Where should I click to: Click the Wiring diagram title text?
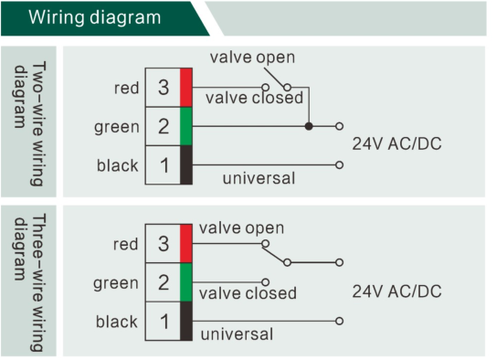[x=95, y=17]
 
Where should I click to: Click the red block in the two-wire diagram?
[x=186, y=88]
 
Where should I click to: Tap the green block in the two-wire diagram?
[x=186, y=126]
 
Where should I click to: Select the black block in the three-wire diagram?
[x=186, y=321]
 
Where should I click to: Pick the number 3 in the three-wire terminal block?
[x=164, y=244]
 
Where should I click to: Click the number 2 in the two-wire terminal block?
[x=164, y=126]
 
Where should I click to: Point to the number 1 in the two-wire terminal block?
[x=164, y=165]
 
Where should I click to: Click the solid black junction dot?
[x=309, y=126]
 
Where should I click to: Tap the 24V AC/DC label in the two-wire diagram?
[x=397, y=144]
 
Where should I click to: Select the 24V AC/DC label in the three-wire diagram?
[x=397, y=291]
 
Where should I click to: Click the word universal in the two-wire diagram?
[x=259, y=178]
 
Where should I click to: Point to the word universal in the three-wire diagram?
[x=237, y=334]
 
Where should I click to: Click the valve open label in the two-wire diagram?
[x=252, y=58]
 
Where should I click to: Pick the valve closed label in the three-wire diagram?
[x=248, y=293]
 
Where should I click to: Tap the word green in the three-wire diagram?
[x=116, y=283]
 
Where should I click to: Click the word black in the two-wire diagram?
[x=118, y=165]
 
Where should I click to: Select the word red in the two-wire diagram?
[x=127, y=88]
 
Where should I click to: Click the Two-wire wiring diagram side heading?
[x=30, y=123]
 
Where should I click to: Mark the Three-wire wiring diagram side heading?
[x=30, y=282]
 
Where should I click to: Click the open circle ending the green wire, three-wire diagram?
[x=266, y=281]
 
